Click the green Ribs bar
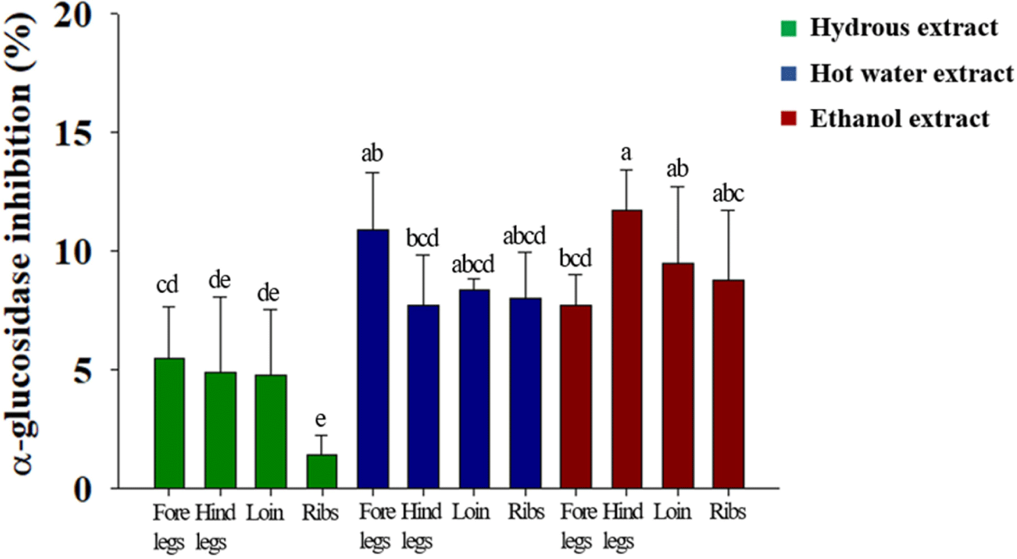pos(321,471)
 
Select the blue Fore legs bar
pos(373,359)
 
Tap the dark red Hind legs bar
pos(626,349)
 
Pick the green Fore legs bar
pos(169,423)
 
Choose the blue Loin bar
pos(474,389)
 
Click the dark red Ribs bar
pos(728,384)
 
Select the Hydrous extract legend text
pos(904,27)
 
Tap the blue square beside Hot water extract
pos(789,73)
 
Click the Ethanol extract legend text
pos(899,119)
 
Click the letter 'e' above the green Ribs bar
pos(321,419)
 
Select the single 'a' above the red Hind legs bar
pos(626,153)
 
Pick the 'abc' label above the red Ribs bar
pos(728,194)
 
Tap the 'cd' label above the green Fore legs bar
pos(168,285)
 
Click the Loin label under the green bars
pos(265,512)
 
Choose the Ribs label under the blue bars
pos(526,512)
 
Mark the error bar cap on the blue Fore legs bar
pos(373,173)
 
